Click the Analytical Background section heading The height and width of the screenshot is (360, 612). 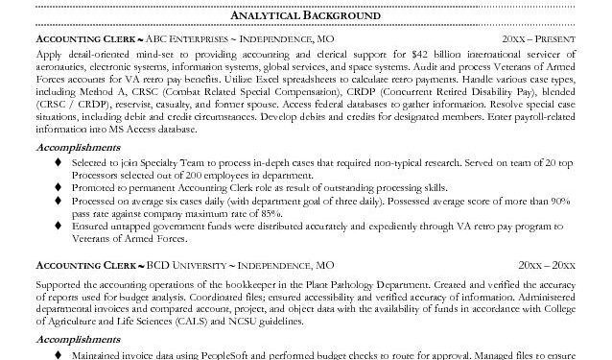[306, 16]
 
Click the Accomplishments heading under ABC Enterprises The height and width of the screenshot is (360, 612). [78, 149]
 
